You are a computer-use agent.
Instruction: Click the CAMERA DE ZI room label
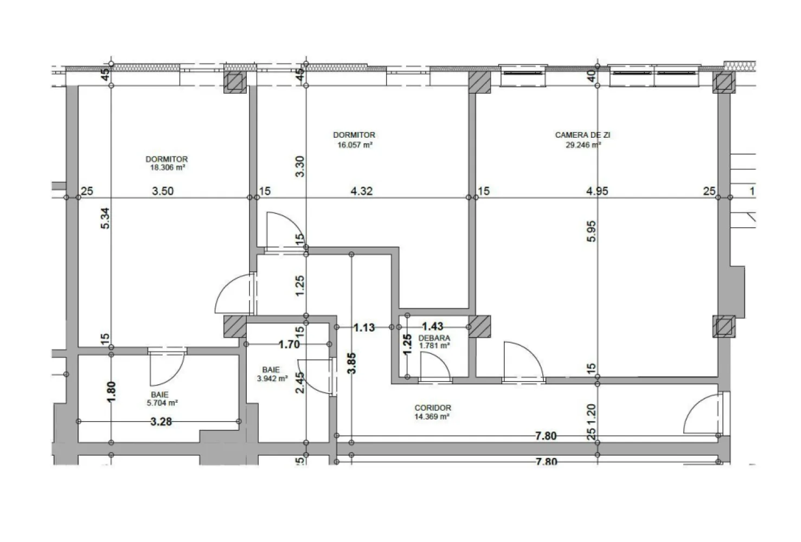(582, 135)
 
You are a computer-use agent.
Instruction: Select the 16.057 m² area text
(355, 145)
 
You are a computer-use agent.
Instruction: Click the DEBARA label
(434, 338)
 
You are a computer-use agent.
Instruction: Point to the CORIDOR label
(433, 408)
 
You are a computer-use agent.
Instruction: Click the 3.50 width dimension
(163, 191)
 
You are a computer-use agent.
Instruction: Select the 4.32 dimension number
(362, 191)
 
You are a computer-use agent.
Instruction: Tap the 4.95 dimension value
(597, 191)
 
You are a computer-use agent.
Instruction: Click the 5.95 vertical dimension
(592, 231)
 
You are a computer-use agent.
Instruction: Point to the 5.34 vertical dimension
(106, 218)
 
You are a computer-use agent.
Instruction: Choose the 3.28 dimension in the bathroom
(161, 421)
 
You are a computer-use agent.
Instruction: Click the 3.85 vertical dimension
(352, 363)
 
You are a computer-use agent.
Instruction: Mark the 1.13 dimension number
(364, 327)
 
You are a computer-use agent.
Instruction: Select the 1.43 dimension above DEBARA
(432, 326)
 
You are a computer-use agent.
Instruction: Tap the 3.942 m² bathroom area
(272, 379)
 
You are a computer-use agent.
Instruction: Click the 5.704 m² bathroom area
(163, 403)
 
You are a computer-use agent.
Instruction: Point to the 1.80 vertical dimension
(111, 391)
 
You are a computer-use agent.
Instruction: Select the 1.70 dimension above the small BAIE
(289, 344)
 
